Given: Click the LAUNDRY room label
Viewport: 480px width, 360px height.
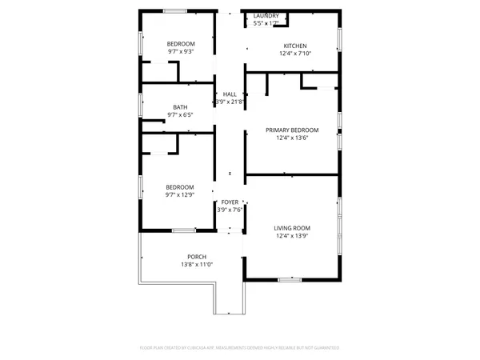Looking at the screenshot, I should click(266, 16).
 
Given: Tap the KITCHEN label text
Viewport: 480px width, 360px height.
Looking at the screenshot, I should click(293, 46).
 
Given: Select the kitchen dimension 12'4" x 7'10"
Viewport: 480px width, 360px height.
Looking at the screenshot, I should click(293, 54).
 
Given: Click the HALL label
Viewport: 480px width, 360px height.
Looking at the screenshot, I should click(230, 94).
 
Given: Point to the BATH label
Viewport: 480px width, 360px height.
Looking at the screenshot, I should click(181, 107).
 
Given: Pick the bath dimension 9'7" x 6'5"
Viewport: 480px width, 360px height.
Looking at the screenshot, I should click(181, 115).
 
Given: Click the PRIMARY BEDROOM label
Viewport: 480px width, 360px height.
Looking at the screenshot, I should click(292, 130).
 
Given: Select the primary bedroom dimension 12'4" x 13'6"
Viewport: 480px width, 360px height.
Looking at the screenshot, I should click(292, 138).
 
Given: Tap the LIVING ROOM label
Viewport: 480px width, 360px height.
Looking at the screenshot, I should click(292, 228).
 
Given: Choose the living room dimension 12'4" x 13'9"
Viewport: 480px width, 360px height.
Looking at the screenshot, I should click(292, 236).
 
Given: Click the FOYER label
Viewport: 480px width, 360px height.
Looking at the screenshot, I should click(230, 202).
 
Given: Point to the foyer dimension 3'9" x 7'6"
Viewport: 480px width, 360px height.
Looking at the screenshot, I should click(230, 210).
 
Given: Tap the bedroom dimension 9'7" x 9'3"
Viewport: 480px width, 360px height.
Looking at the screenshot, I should click(181, 51).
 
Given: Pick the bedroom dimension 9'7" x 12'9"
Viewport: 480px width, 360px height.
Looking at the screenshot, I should click(181, 194).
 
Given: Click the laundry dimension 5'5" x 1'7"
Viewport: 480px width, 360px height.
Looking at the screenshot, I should click(266, 23).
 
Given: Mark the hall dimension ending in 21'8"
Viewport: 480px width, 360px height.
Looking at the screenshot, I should click(230, 102).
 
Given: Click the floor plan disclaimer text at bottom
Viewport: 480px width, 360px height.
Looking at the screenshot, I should click(240, 348).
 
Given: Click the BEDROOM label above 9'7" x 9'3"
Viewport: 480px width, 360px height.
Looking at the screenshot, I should click(181, 43).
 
